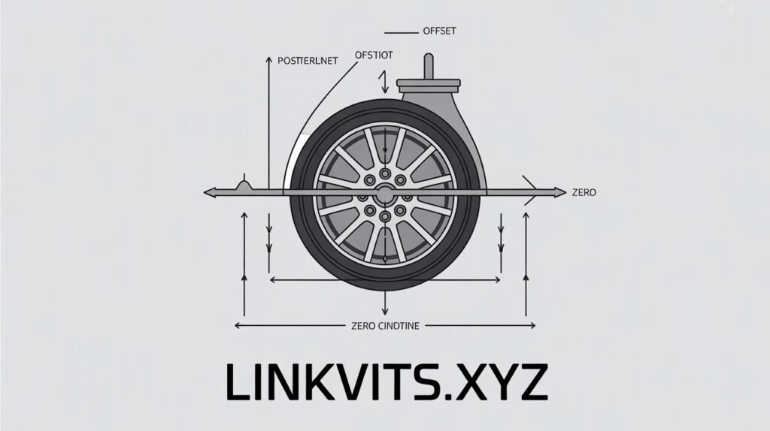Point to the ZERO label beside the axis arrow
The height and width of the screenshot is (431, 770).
tap(584, 193)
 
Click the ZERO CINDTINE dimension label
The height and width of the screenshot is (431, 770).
tap(386, 326)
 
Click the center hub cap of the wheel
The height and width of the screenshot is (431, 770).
tap(385, 193)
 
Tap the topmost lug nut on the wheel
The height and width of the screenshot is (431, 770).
tap(385, 172)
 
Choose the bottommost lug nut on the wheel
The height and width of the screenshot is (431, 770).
tap(385, 216)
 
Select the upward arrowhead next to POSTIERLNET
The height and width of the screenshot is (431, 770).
tap(268, 59)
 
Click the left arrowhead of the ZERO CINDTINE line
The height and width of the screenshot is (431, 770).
tap(238, 326)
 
